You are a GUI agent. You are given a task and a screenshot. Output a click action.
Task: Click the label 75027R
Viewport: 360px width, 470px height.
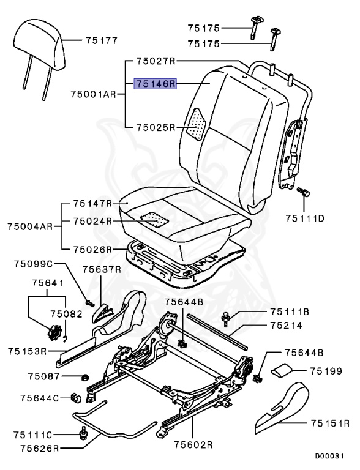pyautogui.click(x=156, y=61)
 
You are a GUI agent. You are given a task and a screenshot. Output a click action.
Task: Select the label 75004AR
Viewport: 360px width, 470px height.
pyautogui.click(x=31, y=226)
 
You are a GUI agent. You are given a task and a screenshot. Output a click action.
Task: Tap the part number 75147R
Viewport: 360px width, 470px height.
pyautogui.click(x=92, y=203)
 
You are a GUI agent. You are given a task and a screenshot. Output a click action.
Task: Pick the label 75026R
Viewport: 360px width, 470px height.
pyautogui.click(x=92, y=249)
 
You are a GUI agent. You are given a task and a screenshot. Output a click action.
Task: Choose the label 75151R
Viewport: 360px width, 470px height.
pyautogui.click(x=329, y=423)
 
